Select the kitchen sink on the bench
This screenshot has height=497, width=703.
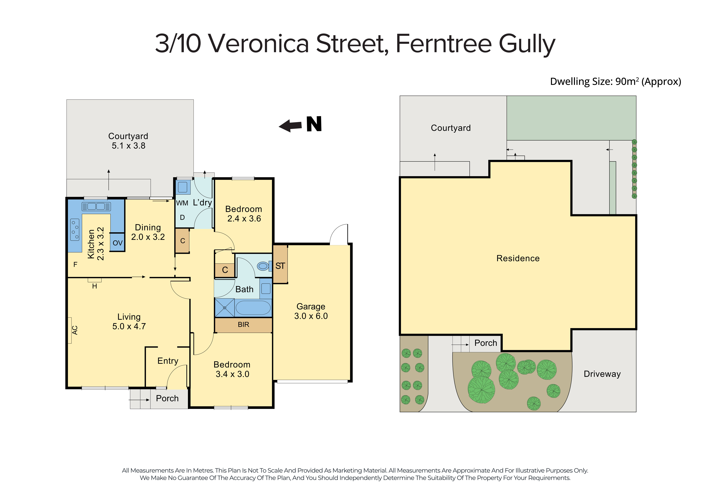click(96, 207)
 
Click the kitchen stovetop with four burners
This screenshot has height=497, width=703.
click(75, 230)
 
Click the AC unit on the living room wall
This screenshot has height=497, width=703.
click(70, 330)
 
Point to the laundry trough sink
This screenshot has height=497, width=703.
click(182, 187)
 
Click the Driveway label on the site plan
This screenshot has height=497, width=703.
click(602, 374)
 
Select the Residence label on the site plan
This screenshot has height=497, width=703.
click(518, 258)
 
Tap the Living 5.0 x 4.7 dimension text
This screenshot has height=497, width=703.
click(129, 326)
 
